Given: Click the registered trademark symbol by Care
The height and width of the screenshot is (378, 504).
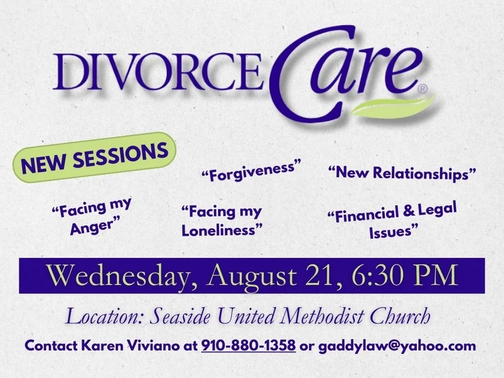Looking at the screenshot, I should tap(422, 89).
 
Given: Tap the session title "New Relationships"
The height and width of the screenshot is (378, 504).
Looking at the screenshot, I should tap(403, 173).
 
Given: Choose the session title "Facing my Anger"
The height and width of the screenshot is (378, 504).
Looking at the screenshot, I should tap(93, 215).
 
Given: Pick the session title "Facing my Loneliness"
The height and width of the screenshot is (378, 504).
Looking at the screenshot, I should tap(221, 221).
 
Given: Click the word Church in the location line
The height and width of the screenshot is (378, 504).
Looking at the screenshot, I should tap(400, 316).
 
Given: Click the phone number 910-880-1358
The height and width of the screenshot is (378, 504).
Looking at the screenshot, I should tap(249, 346).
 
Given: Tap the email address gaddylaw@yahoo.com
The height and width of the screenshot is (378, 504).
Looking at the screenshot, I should tap(397, 346).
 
